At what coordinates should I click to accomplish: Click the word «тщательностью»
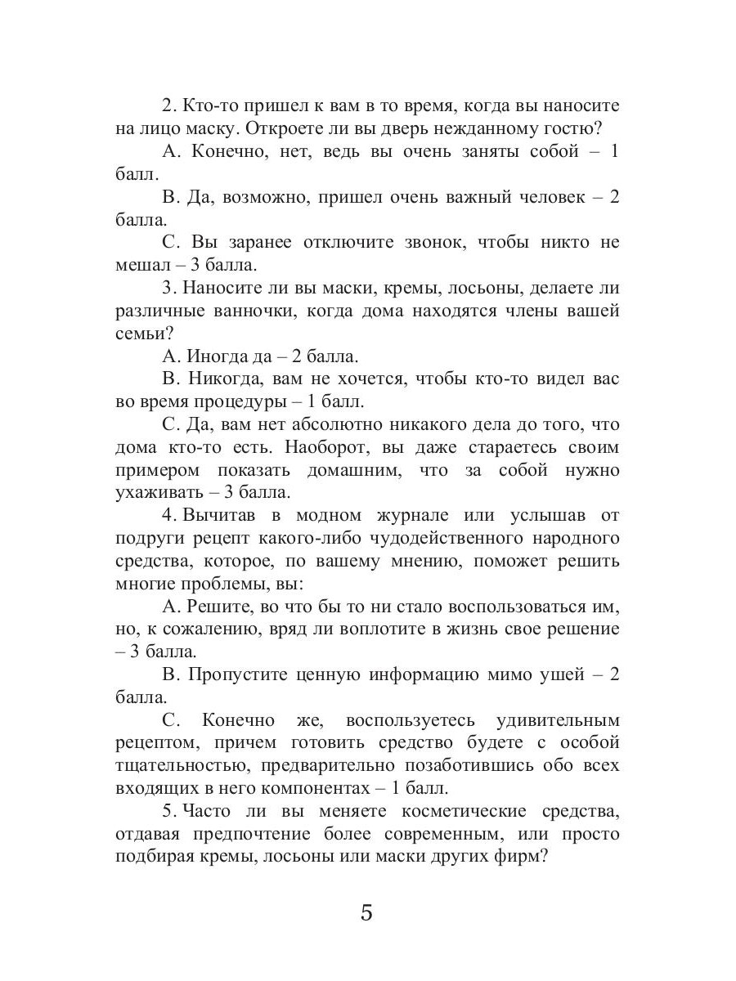(180, 766)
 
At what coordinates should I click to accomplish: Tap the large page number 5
(366, 912)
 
